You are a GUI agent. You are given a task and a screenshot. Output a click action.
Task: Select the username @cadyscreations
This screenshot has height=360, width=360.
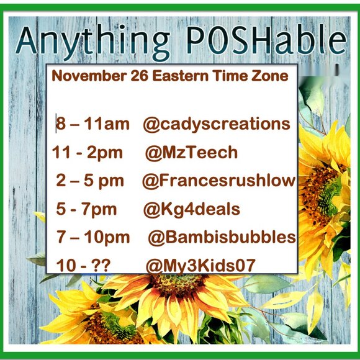[216, 124]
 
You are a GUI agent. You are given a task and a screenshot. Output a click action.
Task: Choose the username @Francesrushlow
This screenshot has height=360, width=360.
[218, 181]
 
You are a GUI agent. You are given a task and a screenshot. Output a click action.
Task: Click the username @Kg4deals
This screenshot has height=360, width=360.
[191, 209]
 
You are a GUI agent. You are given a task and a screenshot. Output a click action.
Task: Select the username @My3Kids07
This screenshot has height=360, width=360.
[200, 266]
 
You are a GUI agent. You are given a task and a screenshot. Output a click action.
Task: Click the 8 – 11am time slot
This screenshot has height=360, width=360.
[92, 124]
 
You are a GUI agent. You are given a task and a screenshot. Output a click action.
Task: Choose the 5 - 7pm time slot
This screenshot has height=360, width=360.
[86, 209]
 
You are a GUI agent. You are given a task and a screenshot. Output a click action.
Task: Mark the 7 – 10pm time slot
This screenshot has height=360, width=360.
[93, 238]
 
